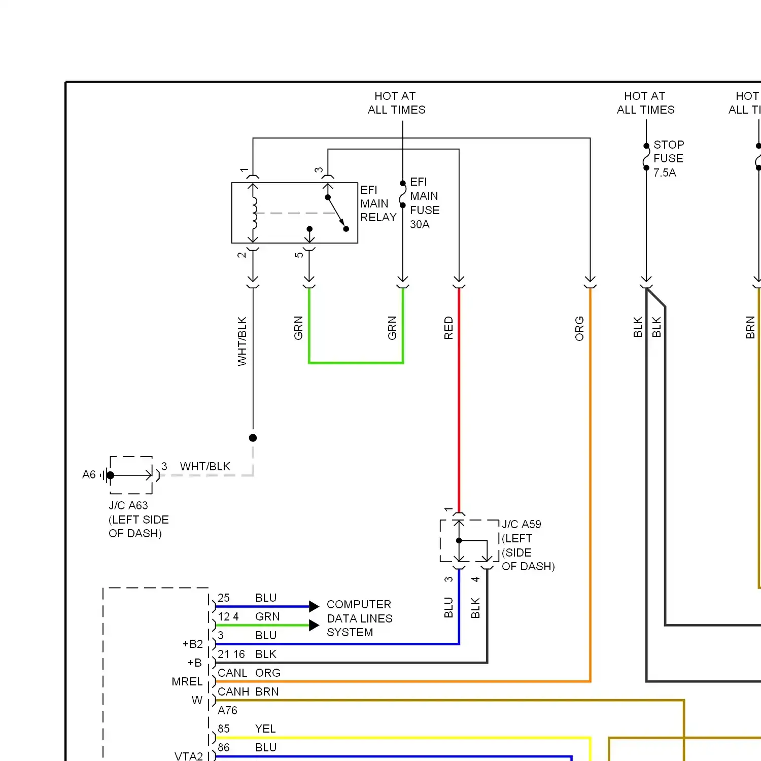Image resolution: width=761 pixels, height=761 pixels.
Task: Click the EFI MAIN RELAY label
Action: point(378,203)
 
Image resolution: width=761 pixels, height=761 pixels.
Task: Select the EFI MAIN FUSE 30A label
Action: point(425,203)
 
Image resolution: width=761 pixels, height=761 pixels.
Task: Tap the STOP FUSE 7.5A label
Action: point(669,159)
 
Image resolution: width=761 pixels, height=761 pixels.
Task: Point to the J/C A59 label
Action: point(522,524)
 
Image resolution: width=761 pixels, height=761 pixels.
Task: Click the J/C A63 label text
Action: point(128,505)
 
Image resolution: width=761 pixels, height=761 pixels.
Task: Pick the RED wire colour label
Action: point(448,328)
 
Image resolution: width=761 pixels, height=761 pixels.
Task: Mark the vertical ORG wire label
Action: point(579,328)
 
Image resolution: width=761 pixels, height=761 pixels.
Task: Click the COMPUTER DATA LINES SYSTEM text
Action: point(360,618)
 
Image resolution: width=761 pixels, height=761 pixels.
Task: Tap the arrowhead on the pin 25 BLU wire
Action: point(314,606)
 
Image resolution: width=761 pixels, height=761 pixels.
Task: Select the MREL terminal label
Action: point(187,681)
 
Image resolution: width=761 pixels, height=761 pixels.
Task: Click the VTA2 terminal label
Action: point(189,756)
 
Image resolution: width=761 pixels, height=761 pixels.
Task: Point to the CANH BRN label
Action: point(248,691)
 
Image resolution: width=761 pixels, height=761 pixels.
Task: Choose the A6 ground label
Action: point(89,474)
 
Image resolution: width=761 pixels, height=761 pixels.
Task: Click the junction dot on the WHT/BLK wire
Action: point(253,438)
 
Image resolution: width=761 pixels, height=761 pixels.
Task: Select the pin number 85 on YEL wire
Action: point(224,729)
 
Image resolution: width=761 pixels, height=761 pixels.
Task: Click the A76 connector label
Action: point(227,710)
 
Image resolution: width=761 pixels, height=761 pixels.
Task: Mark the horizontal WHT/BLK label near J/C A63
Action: point(205,466)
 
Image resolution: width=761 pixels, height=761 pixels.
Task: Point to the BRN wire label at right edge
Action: point(750,327)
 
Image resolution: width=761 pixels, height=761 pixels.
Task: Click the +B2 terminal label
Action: point(193,644)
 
